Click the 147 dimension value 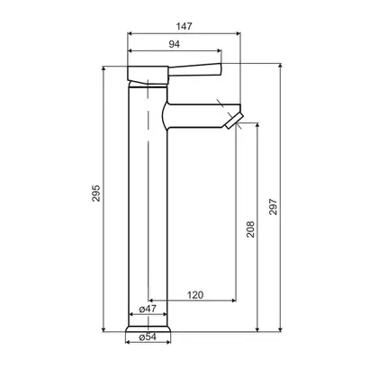click(x=184, y=26)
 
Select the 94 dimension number click(x=175, y=44)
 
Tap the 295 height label click(x=96, y=193)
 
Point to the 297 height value click(x=273, y=206)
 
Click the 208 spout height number click(x=250, y=229)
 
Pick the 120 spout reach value click(x=195, y=295)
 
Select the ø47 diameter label click(x=148, y=309)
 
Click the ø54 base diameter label click(x=148, y=337)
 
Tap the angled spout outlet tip click(x=234, y=121)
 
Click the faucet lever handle click(x=195, y=69)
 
